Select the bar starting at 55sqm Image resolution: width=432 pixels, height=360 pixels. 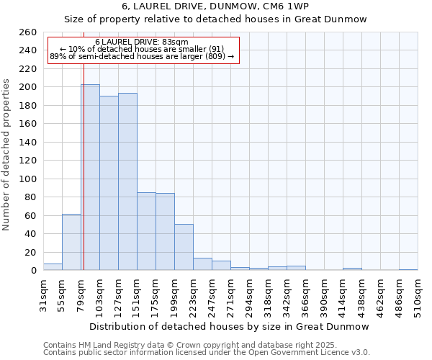pos(71,242)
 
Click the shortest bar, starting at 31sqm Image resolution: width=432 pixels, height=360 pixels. pos(53,267)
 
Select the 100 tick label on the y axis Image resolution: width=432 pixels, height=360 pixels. pos(27,179)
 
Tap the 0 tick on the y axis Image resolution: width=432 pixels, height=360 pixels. pos(34,271)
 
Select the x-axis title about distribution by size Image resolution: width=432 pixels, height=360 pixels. pos(230,326)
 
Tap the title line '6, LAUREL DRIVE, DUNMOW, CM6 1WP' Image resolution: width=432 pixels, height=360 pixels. pos(215,6)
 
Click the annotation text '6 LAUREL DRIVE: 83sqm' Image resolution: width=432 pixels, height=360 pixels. pos(142,42)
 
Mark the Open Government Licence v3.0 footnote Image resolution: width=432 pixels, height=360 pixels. pos(207,352)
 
